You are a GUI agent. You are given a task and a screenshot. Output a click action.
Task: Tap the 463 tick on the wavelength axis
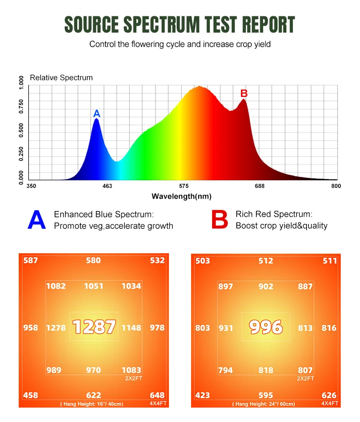[x=108, y=186]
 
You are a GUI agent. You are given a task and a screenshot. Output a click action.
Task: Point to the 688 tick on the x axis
[x=260, y=186]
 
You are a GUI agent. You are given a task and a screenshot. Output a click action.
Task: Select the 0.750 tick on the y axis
[x=21, y=107]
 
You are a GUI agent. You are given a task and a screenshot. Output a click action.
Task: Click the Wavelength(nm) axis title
[x=181, y=196]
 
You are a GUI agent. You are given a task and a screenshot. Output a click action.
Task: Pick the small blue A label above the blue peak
[x=96, y=114]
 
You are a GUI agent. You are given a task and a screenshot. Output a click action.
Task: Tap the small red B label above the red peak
[x=244, y=93]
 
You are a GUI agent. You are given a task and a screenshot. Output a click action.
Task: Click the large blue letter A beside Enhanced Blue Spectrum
[x=36, y=220]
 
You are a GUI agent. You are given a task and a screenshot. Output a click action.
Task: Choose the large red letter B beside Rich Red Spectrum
[x=219, y=220]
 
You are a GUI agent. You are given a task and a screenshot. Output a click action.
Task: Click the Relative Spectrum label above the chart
[x=61, y=77]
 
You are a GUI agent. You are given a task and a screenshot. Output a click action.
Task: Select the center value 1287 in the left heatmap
[x=94, y=327]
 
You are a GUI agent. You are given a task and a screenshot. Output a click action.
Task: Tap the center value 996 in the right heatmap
[x=266, y=328]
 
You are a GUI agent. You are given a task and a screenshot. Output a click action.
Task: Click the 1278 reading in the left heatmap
[x=56, y=328]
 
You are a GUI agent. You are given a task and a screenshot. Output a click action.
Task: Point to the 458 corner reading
[x=31, y=395]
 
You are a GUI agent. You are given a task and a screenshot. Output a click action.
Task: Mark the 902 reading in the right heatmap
[x=266, y=286]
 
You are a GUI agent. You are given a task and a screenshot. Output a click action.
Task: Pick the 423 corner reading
[x=203, y=396]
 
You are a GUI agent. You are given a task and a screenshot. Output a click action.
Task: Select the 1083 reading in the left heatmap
[x=131, y=370]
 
